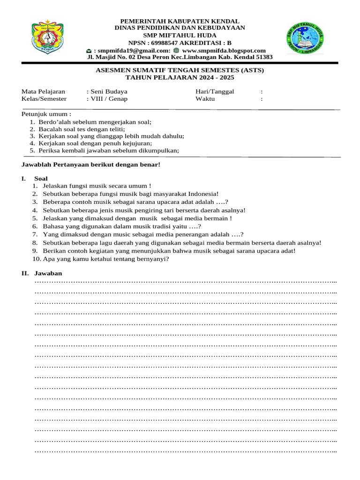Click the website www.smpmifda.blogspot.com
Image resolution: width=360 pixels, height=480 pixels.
224,51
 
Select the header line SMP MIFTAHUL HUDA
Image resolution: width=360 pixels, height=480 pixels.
180,36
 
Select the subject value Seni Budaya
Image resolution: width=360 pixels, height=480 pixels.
109,91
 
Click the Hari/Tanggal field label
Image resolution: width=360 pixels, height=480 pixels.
214,91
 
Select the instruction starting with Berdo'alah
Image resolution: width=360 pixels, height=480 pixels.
95,122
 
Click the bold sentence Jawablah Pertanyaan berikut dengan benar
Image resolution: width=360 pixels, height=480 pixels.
91,165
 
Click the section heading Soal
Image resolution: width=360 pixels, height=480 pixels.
41,179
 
